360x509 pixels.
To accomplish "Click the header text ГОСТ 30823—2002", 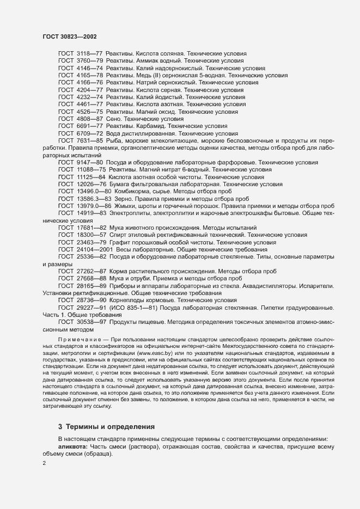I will [x=70, y=36].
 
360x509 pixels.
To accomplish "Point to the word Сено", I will [x=114, y=118].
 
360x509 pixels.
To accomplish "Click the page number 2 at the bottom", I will [x=44, y=463].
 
